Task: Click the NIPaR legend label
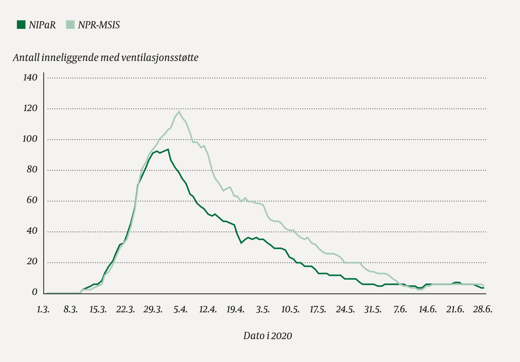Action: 43,25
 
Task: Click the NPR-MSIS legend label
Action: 99,25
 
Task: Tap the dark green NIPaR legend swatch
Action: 21,25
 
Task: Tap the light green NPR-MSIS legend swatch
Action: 70,25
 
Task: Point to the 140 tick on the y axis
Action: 30,78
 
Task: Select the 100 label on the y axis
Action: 30,139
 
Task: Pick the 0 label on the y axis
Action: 35,292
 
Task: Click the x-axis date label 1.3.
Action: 43,309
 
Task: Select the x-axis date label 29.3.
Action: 153,309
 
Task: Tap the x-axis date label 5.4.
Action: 180,309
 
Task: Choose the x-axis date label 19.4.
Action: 235,309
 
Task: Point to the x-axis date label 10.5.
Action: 290,309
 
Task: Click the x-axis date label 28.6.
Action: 483,309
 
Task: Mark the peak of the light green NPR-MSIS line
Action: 179,111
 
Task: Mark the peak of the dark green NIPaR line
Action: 168,149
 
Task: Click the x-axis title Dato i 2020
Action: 267,336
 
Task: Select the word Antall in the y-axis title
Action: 26,58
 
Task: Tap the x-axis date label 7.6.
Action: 400,309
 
